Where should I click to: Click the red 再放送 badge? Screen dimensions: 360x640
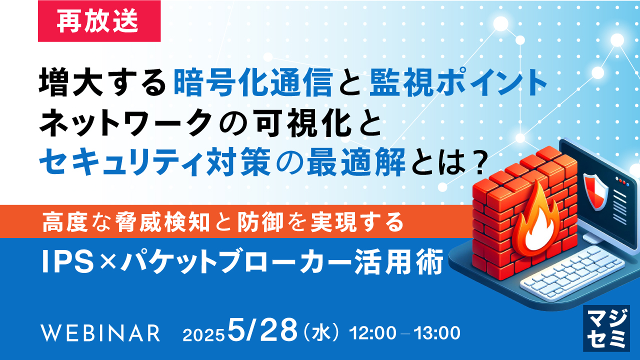click(99, 21)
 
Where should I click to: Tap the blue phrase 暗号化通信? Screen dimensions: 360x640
click(253, 83)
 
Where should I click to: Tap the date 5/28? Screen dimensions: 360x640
click(262, 330)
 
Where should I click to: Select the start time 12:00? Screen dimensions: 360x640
click(373, 332)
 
